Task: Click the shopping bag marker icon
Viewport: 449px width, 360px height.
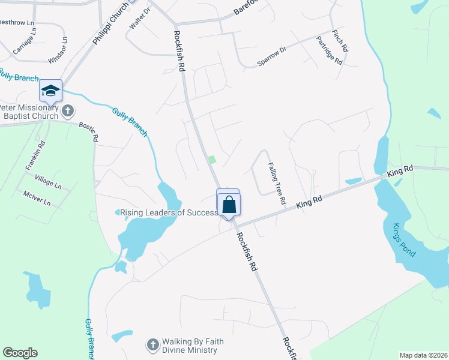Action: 229,205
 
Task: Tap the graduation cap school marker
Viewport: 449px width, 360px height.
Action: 50,91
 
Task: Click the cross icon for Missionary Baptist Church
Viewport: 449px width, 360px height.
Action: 68,110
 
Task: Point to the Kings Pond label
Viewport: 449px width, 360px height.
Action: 403,240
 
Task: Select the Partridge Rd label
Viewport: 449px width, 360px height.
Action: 330,52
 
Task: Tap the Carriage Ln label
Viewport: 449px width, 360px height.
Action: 25,47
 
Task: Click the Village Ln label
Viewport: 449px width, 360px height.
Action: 48,183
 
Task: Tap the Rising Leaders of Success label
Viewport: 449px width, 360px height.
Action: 169,212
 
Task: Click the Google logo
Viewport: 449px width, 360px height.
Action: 20,353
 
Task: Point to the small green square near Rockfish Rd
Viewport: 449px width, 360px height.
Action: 211,160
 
